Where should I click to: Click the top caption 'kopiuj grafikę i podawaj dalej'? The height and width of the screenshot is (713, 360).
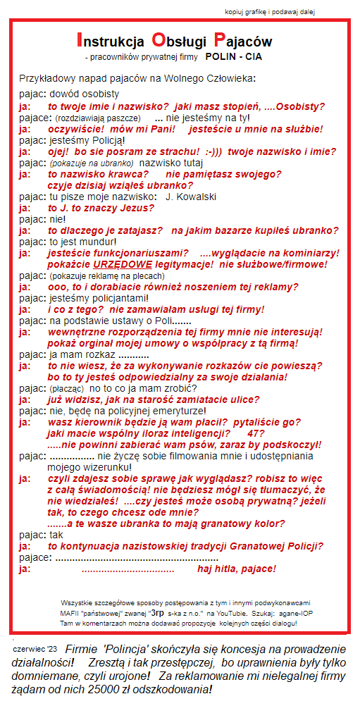click(271, 12)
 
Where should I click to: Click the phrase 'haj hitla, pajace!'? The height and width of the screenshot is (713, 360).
click(237, 569)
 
